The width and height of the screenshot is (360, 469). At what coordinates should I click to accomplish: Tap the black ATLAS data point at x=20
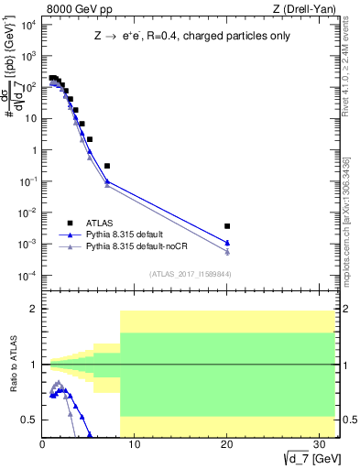point(227,225)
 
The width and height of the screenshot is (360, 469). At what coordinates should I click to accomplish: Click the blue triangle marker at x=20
point(227,243)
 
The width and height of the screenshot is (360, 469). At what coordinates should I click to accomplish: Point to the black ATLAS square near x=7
point(107,166)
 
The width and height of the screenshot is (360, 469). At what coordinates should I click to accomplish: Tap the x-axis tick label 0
point(42,445)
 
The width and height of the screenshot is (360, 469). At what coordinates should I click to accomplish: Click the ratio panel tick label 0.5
point(30,420)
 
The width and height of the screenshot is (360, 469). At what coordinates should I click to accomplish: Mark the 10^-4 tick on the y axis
point(28,276)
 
